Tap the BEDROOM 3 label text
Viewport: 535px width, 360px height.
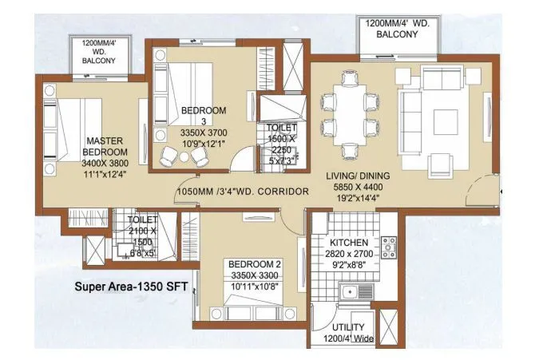click(x=204, y=110)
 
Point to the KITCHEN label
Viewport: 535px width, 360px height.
click(x=349, y=243)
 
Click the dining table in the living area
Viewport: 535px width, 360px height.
click(x=349, y=115)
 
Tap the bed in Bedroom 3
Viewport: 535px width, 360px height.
click(x=185, y=88)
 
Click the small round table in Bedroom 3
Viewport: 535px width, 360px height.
click(x=184, y=156)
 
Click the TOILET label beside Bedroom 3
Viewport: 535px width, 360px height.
click(x=282, y=128)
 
